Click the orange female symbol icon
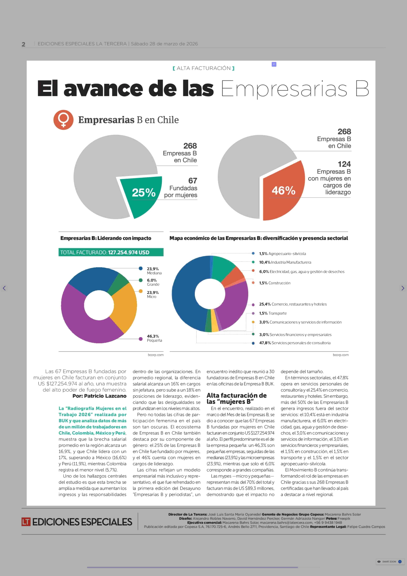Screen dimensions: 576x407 coord(63,120)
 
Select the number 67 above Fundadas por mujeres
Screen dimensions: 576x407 coord(192,181)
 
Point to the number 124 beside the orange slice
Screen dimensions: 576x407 coord(344,164)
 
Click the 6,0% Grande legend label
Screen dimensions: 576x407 coord(153,282)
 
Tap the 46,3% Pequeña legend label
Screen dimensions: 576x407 coord(154,338)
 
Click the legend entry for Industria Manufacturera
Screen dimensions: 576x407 coord(285,262)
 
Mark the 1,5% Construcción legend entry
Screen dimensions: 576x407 coord(275,283)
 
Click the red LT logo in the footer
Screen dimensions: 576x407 coord(26,522)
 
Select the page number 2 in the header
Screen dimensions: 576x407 coord(24,44)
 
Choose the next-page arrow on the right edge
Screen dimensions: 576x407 coord(402,288)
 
